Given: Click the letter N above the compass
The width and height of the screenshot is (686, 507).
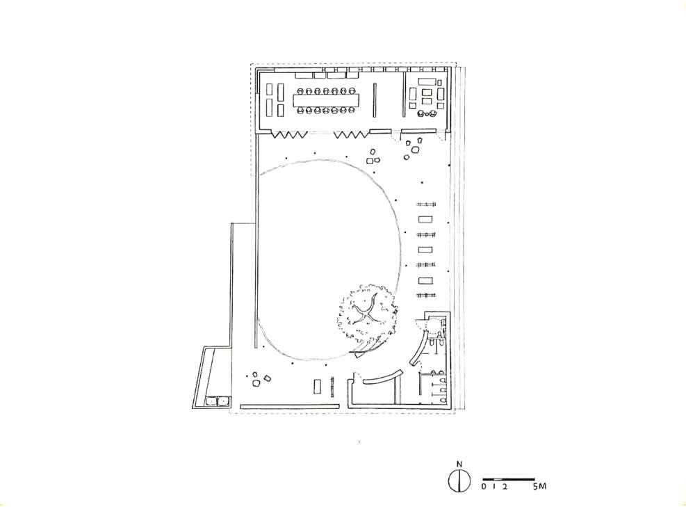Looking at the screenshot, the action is [459, 465].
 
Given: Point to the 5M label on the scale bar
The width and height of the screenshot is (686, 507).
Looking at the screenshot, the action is [539, 487].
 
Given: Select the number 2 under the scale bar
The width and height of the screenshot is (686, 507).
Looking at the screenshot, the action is [505, 487].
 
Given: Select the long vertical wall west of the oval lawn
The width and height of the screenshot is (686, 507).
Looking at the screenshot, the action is [256, 243].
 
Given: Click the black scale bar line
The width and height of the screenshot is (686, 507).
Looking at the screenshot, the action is [508, 479].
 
